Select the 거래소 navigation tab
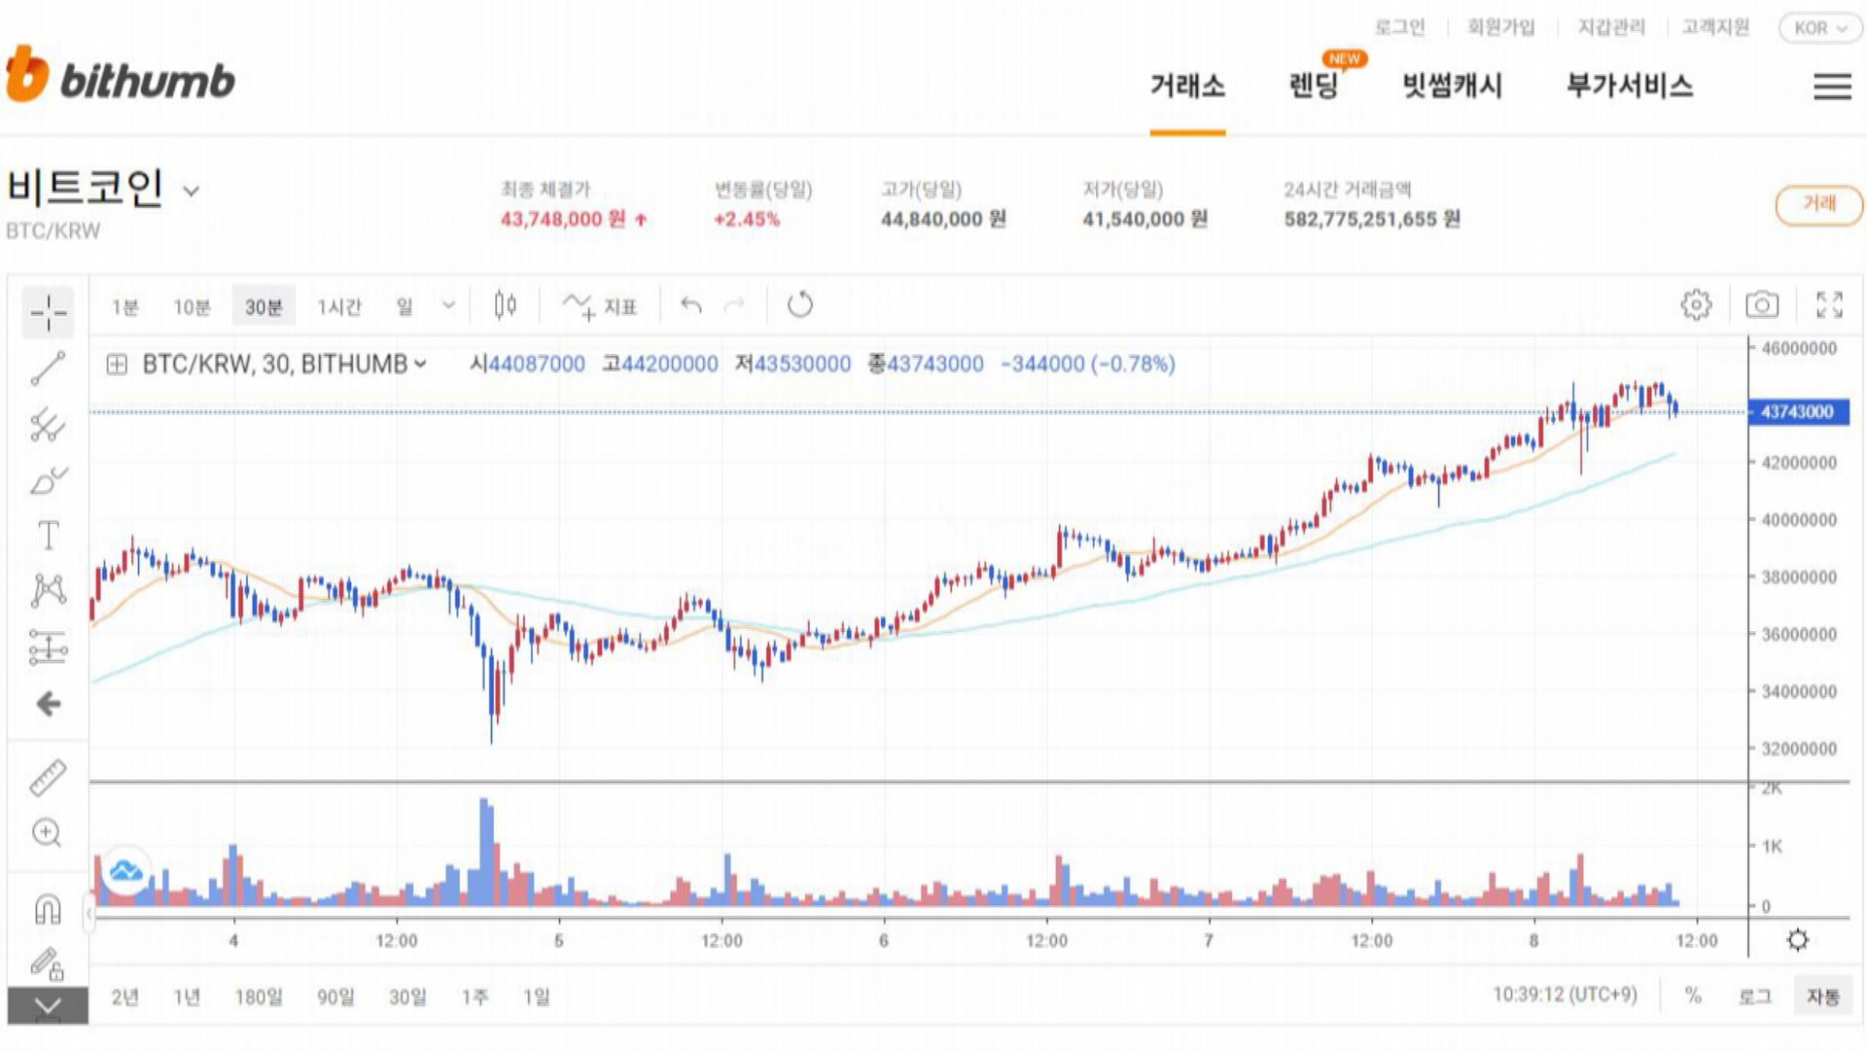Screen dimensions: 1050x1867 1187,87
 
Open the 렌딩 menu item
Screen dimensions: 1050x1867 1314,87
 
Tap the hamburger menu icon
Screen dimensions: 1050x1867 1832,87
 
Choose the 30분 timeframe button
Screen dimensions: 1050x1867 263,307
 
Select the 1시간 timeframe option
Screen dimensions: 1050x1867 338,307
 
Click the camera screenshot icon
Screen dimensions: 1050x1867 1761,305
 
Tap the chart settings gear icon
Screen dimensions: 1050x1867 1696,305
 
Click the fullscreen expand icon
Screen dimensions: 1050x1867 1829,305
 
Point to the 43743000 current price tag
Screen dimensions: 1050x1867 1797,412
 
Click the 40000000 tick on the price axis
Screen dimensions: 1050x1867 1799,520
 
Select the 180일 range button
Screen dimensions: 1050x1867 259,997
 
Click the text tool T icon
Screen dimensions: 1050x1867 48,536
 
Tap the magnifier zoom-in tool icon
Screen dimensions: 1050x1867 47,833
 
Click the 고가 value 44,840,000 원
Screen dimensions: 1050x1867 943,220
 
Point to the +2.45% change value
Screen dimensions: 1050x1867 747,220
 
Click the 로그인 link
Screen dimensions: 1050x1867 1399,27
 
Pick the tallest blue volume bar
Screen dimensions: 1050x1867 485,852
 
